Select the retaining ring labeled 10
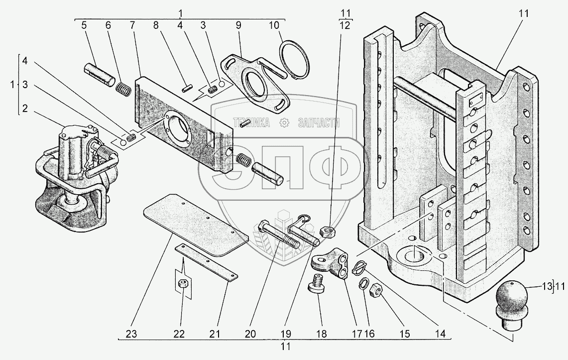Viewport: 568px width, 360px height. point(295,60)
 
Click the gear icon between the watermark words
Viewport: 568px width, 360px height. point(284,123)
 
